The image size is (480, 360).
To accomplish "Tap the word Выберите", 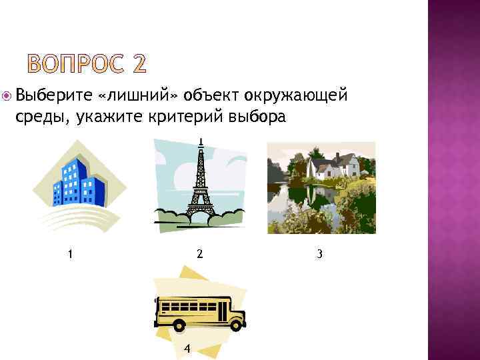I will (53, 96).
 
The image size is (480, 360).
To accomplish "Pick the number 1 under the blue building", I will (70, 253).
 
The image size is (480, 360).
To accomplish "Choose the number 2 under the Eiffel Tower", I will (199, 253).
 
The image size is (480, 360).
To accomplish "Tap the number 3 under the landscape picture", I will (321, 253).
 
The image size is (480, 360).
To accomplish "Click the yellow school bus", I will (200, 311).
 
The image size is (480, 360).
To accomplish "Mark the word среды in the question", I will (41, 117).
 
